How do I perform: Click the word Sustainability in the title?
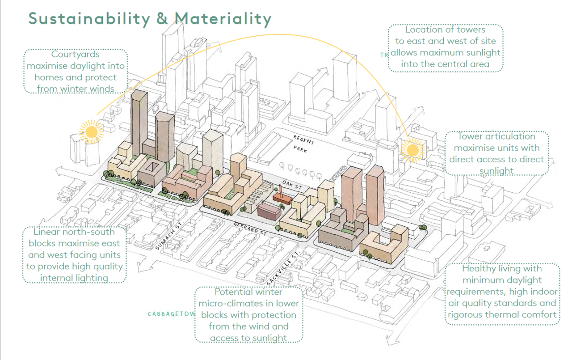[89, 19]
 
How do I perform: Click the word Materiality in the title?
[223, 19]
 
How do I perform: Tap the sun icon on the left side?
[92, 132]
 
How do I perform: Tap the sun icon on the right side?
[412, 150]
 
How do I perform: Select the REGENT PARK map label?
[303, 144]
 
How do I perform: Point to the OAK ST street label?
[292, 185]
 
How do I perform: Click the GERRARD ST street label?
[250, 229]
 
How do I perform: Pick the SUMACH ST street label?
[168, 236]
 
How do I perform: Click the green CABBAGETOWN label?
[172, 314]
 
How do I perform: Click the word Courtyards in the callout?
[75, 54]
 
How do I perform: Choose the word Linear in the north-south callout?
[46, 232]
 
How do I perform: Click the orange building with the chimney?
[282, 197]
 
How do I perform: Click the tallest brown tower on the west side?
[139, 123]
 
